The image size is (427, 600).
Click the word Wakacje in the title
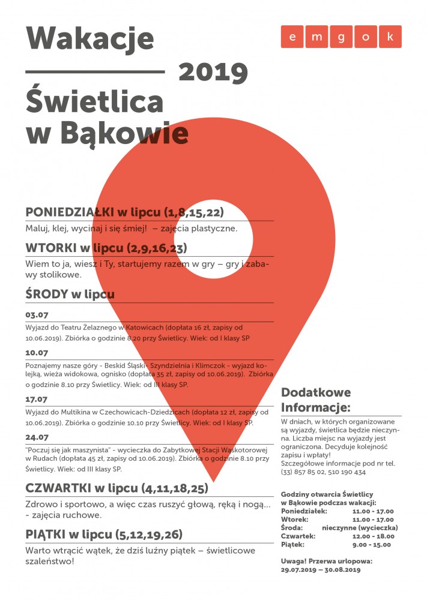coord(89,40)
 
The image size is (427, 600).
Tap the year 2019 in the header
coord(213,73)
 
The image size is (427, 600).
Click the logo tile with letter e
coord(292,37)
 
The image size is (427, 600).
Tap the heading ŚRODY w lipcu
coord(70,294)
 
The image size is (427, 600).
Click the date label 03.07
coord(37,315)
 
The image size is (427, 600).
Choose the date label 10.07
coord(37,353)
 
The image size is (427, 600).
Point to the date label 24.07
coord(37,437)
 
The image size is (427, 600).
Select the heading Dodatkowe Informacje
coord(316,400)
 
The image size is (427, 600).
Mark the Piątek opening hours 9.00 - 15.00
coord(372,545)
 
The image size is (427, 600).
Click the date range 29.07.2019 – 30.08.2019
coord(321,570)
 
